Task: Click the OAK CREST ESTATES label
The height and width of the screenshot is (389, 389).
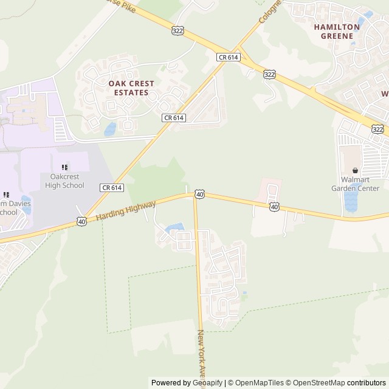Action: (x=131, y=88)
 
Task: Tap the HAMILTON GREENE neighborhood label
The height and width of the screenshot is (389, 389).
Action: (x=337, y=31)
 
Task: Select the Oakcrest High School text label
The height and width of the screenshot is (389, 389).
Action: (x=63, y=181)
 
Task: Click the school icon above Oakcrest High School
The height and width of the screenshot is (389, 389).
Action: (x=64, y=167)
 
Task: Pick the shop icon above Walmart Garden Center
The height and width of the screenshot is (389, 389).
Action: (x=356, y=171)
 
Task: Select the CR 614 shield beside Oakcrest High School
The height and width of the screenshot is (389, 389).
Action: (x=112, y=188)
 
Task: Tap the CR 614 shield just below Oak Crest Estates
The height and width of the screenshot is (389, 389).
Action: (x=173, y=117)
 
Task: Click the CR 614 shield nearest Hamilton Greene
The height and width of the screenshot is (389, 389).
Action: (x=229, y=57)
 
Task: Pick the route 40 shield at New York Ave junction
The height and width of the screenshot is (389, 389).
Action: (x=199, y=194)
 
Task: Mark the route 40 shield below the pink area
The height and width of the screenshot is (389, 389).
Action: (x=274, y=207)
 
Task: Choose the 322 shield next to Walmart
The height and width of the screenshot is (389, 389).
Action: (x=377, y=129)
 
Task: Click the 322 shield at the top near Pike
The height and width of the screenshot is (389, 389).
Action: (x=177, y=30)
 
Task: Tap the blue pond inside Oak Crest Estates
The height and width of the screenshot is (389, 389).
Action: (x=111, y=129)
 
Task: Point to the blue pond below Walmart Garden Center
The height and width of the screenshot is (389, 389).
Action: (x=351, y=202)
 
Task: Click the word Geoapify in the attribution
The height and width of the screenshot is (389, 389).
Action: (x=207, y=383)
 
